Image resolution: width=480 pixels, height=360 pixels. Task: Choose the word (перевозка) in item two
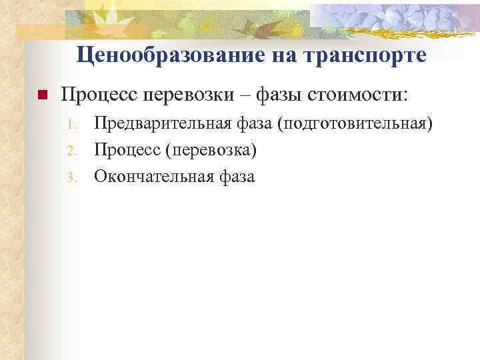click(x=215, y=151)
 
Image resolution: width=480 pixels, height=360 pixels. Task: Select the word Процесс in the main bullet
click(x=99, y=95)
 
